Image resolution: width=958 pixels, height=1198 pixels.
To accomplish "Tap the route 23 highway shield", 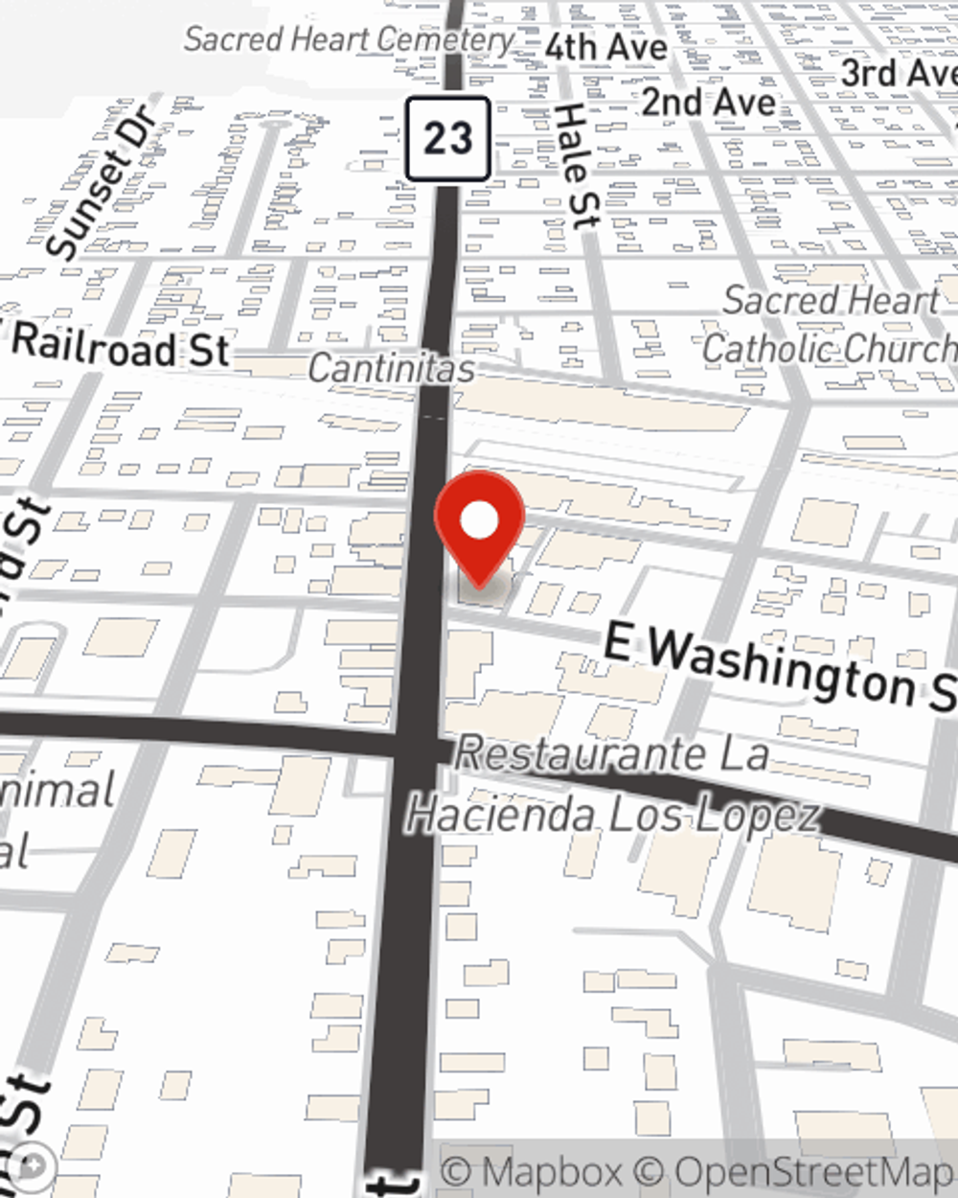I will (448, 139).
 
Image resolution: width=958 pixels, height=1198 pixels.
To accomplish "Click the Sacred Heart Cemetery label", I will (350, 39).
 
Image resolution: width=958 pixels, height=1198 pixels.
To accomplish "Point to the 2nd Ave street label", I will (708, 101).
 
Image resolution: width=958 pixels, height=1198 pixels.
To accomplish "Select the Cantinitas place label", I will (391, 368).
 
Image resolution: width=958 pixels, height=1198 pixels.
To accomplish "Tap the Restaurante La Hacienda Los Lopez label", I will (613, 784).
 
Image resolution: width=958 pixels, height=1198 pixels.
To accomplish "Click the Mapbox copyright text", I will (533, 1171).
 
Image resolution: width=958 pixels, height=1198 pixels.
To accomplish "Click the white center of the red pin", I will (479, 521).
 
